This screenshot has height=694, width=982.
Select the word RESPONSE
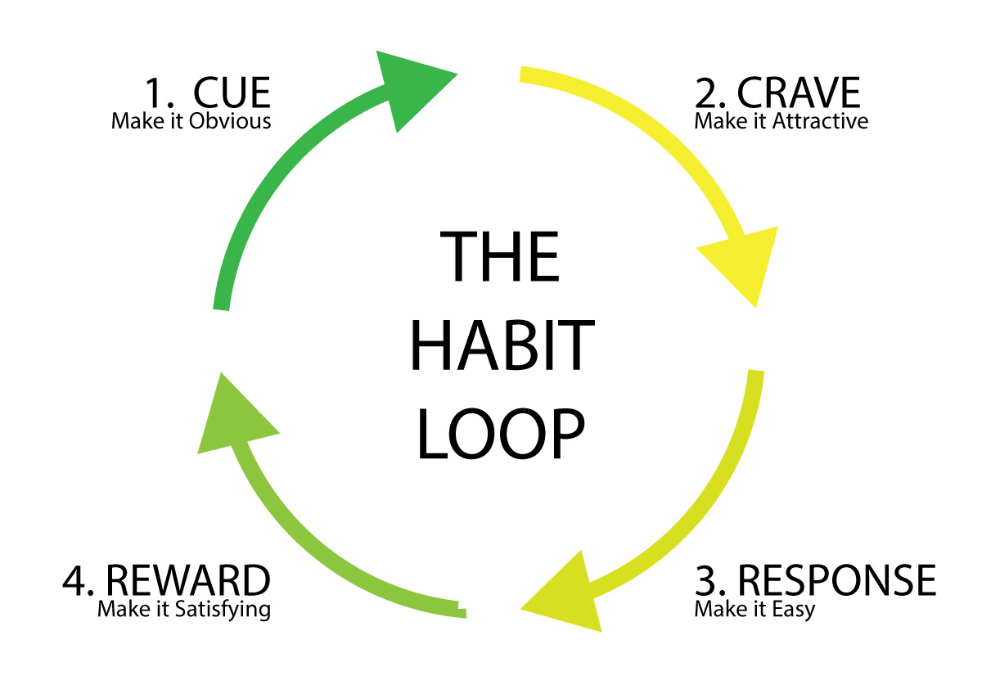(x=837, y=580)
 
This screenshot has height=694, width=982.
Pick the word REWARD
(x=188, y=580)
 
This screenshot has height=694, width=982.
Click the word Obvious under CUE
(x=230, y=121)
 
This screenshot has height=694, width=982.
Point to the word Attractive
(x=820, y=121)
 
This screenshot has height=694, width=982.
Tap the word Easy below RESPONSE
(x=794, y=611)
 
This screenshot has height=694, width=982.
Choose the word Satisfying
(x=223, y=611)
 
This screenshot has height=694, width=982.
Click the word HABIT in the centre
(x=502, y=345)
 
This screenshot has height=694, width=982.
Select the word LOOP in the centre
(x=501, y=434)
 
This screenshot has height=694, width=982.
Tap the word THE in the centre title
(x=499, y=256)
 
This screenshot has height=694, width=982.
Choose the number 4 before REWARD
(x=74, y=581)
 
